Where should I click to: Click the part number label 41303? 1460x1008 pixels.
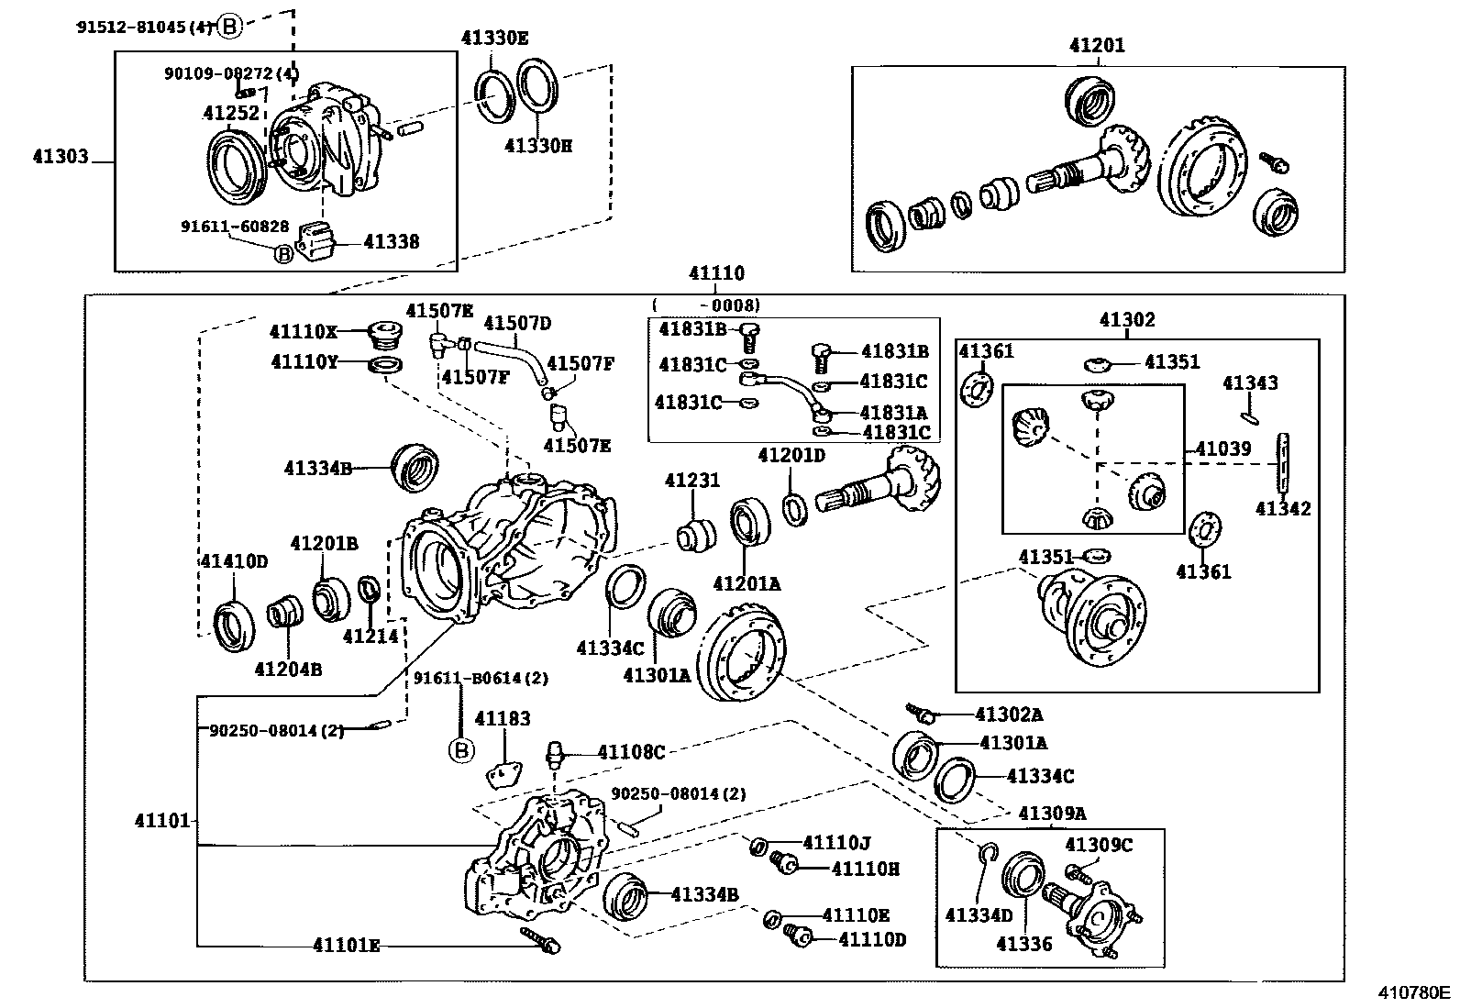61,157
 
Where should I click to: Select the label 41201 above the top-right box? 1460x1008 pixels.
1096,45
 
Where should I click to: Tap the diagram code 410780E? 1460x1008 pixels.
1411,992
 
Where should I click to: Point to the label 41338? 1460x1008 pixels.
392,242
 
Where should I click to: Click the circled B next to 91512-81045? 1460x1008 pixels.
228,27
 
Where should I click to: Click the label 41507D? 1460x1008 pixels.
517,323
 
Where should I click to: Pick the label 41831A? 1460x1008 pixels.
893,413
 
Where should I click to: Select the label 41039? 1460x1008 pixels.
1223,449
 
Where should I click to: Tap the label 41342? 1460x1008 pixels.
1283,509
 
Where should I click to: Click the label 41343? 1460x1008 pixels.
1250,383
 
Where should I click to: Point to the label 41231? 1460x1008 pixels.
692,481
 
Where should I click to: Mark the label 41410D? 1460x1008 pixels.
234,561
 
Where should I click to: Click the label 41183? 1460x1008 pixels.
503,719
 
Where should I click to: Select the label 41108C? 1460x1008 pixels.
630,752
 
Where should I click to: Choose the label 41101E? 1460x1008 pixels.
346,945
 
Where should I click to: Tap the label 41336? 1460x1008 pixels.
1024,944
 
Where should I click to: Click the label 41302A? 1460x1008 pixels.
1009,714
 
